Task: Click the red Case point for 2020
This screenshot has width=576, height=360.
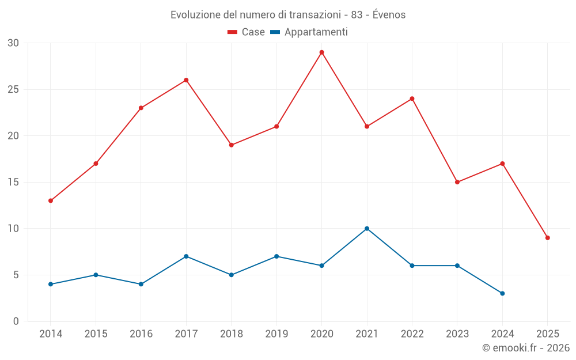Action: pos(321,52)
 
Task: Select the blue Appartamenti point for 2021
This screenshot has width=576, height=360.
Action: pos(367,229)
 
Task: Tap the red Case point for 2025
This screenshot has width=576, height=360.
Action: pos(547,238)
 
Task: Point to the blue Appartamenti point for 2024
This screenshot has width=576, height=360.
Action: pos(502,293)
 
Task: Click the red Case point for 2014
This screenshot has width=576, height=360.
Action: pos(51,200)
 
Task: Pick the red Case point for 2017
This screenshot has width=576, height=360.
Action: pos(186,80)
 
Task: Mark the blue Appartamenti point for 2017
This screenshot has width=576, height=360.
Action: pos(186,256)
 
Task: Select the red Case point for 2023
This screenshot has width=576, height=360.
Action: pos(457,182)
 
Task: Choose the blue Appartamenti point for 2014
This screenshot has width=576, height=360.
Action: pos(51,284)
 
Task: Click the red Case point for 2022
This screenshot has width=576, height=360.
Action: pos(412,98)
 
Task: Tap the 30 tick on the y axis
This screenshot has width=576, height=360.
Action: pos(13,43)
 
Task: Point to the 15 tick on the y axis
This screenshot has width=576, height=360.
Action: pos(13,182)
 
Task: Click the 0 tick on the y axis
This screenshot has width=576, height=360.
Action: pos(16,321)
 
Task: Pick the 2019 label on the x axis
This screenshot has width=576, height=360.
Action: pos(276,334)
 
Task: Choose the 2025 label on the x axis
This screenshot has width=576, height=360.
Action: pos(547,334)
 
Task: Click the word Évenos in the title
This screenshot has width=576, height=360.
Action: pos(389,15)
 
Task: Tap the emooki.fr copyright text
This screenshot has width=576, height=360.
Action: pos(526,348)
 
